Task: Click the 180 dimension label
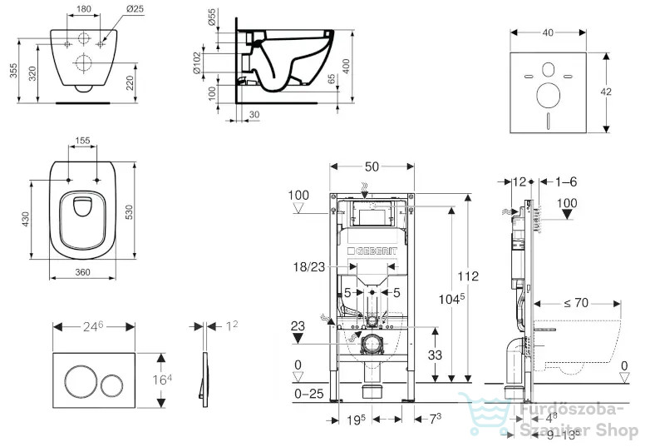tap(84, 8)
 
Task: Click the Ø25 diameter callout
tap(135, 8)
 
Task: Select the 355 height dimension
tap(13, 71)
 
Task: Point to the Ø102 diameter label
tap(197, 63)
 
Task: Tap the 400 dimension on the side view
tap(347, 66)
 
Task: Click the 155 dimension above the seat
tap(82, 141)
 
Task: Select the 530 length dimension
tap(129, 211)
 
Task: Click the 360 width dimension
tap(82, 272)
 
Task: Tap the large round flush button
tap(81, 380)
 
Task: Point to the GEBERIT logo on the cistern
tap(372, 251)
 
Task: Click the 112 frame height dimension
tap(468, 276)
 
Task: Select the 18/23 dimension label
tap(309, 267)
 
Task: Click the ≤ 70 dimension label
tap(576, 303)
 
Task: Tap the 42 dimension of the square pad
tap(605, 92)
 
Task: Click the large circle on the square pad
tap(548, 95)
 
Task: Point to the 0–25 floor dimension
tap(309, 394)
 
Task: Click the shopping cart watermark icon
tap(484, 413)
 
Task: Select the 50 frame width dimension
tap(372, 166)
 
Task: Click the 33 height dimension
tap(435, 355)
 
